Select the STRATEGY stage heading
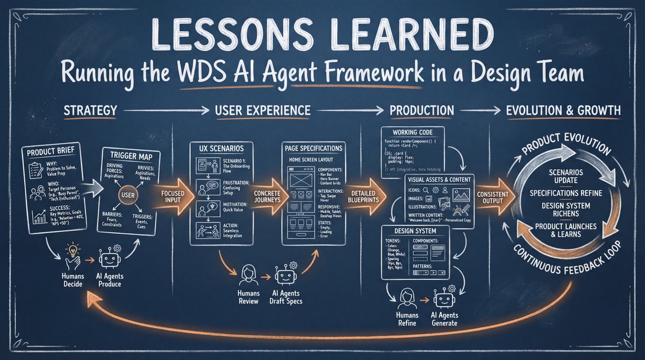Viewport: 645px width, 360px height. point(90,111)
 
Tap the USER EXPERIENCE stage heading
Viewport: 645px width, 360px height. point(262,111)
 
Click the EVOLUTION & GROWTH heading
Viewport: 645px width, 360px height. point(563,111)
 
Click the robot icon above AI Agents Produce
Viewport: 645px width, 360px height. point(110,258)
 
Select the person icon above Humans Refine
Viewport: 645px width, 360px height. point(406,296)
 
